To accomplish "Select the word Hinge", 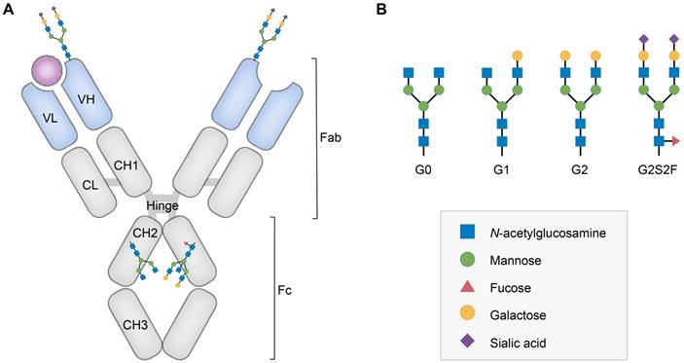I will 162,205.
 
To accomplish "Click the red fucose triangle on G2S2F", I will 674,141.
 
